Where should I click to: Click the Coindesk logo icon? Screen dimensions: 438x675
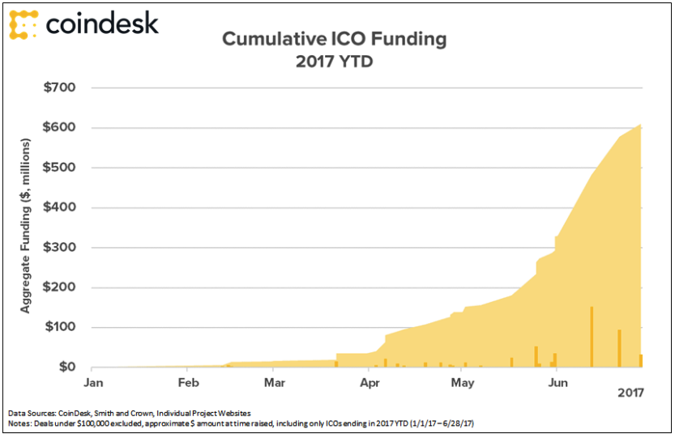pyautogui.click(x=23, y=24)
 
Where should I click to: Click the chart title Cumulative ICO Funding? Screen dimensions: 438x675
pyautogui.click(x=334, y=39)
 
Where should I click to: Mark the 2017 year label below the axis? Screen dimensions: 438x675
pyautogui.click(x=630, y=394)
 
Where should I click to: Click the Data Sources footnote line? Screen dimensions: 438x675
pyautogui.click(x=130, y=414)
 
